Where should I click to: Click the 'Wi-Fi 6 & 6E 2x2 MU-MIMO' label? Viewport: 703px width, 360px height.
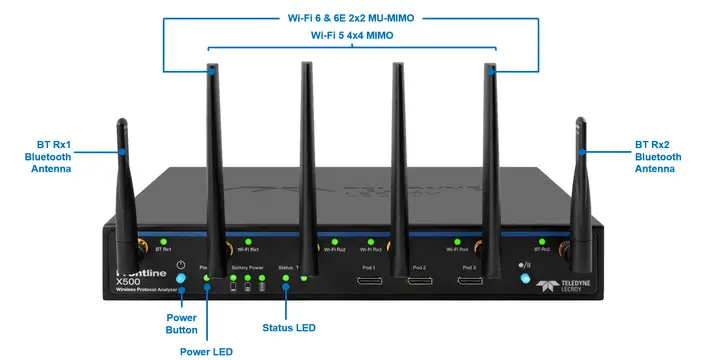pos(350,17)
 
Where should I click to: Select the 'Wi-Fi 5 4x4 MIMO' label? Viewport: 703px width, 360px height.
pos(351,36)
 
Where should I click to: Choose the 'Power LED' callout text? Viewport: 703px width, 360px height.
pos(207,350)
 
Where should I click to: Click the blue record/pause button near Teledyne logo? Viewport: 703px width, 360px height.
pos(523,275)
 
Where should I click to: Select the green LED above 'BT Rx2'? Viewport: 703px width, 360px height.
pos(541,240)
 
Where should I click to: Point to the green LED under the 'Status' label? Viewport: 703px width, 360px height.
pos(286,278)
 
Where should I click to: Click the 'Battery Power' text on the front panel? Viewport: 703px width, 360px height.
pos(247,268)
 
